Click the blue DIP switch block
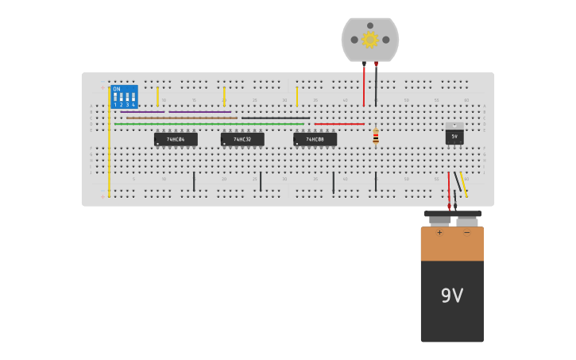pos(124,96)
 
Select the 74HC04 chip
pos(176,139)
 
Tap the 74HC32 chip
pos(242,139)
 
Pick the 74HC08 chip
pos(315,139)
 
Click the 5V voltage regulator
pos(454,136)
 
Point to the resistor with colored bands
pos(376,137)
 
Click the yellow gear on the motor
pos(370,39)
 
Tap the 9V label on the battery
pos(451,296)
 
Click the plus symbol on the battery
pos(439,233)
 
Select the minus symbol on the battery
pos(466,233)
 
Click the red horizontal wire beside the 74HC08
pos(338,124)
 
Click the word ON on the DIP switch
pos(117,89)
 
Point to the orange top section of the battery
pos(451,244)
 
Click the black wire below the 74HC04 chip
pos(194,181)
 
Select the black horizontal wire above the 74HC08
pos(276,118)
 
